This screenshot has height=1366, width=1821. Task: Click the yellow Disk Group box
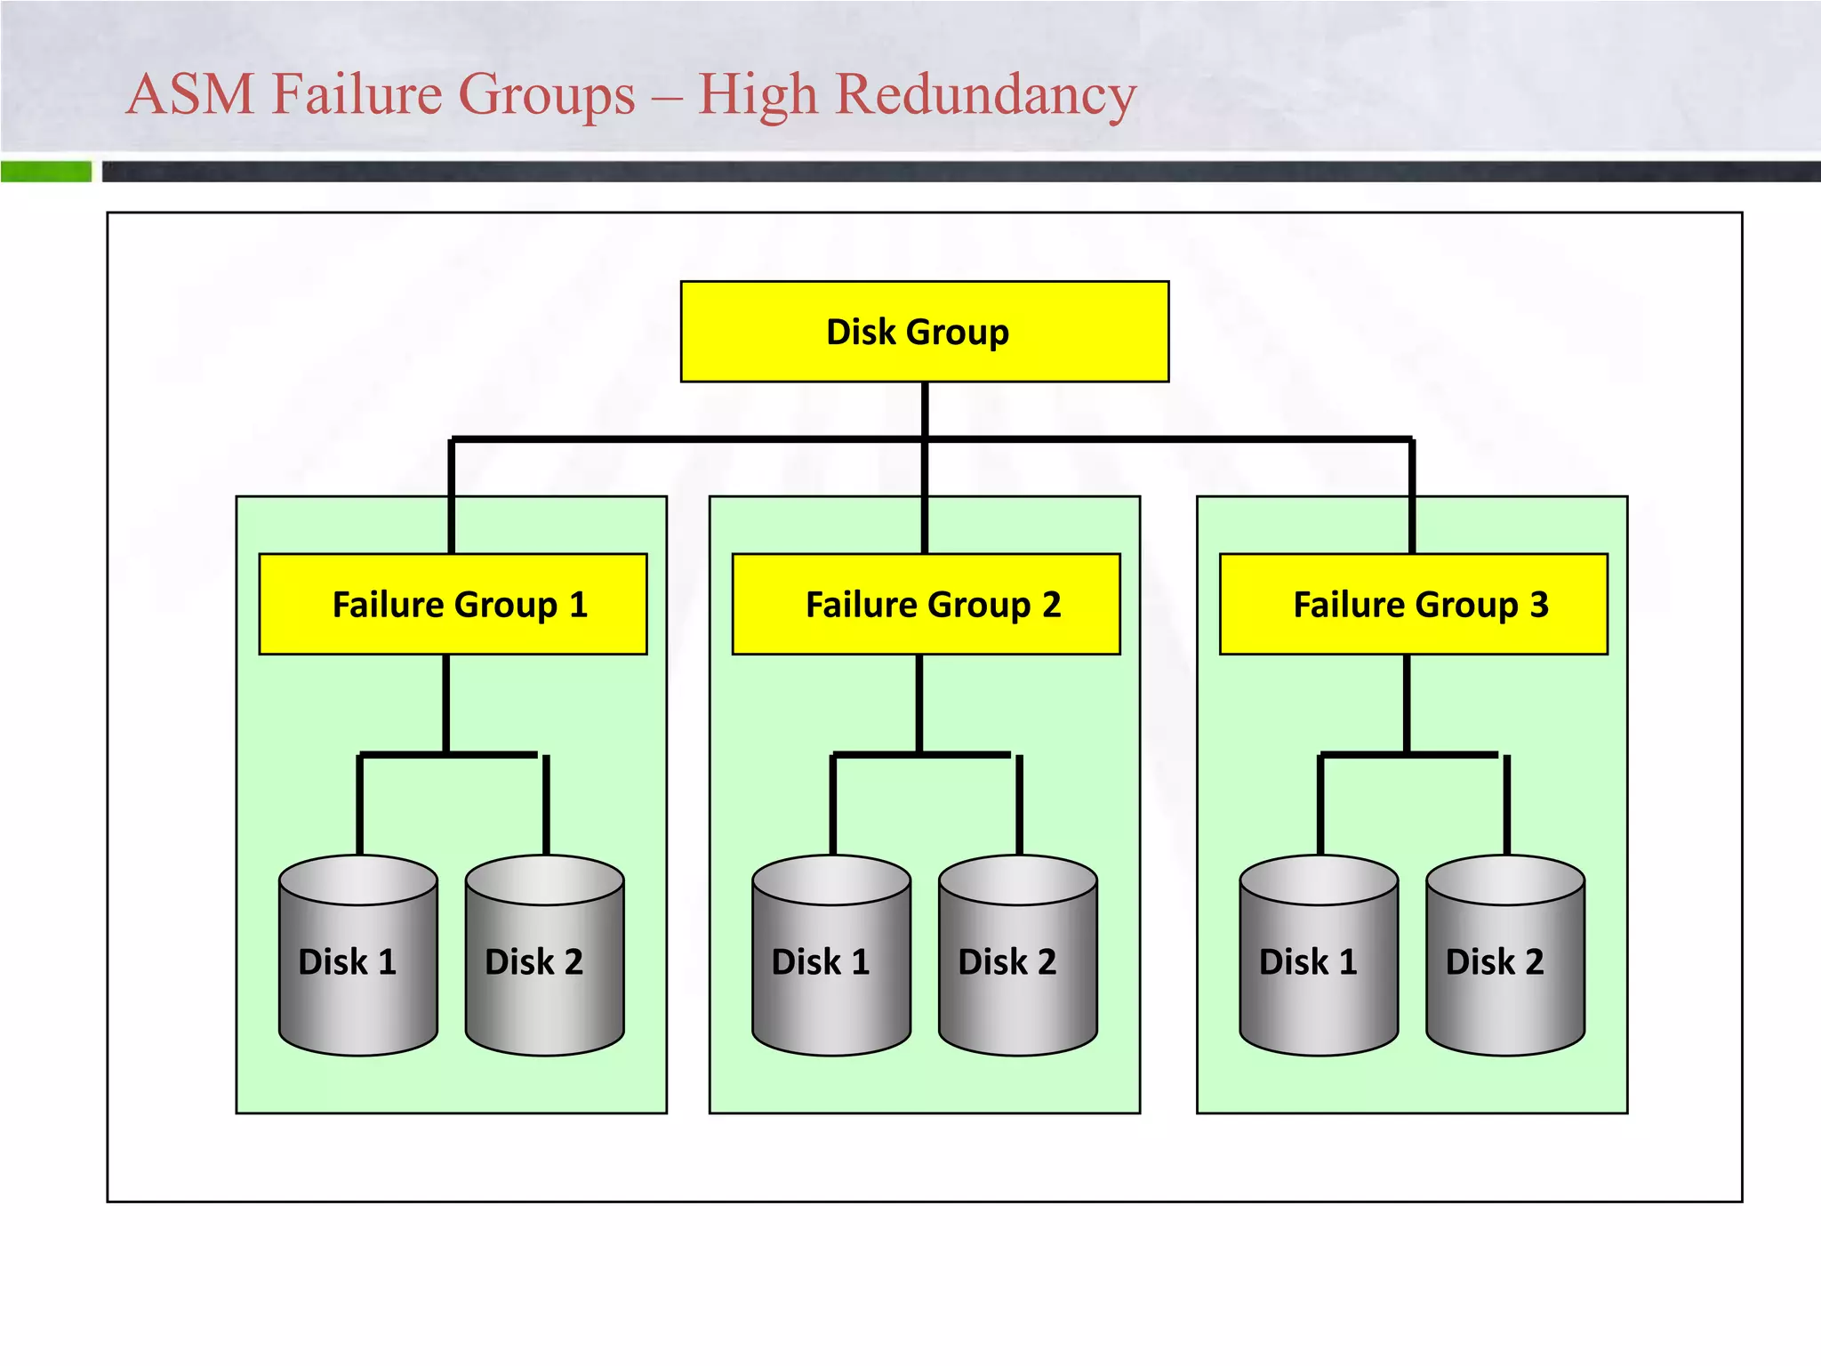[924, 332]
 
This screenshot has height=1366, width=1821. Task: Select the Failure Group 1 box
[453, 605]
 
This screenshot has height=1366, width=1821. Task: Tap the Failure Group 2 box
[926, 605]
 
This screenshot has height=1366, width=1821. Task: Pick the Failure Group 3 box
[1413, 605]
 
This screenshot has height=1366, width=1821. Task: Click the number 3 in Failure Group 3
[1539, 605]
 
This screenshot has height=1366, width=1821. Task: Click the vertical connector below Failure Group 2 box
[919, 703]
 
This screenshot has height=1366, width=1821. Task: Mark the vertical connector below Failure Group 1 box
[445, 703]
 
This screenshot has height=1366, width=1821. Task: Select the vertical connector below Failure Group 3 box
[1407, 703]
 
